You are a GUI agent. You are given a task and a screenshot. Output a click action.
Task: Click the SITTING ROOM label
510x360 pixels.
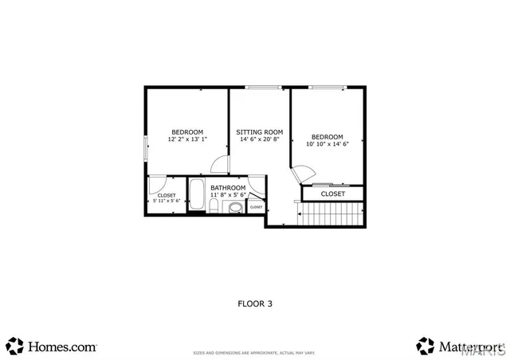[260, 131]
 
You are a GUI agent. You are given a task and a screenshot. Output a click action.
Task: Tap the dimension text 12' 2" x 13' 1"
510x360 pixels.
[187, 139]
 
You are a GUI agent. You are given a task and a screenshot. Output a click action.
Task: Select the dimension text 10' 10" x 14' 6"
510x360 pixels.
[328, 144]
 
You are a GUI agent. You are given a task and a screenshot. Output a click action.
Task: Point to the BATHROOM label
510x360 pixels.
[228, 188]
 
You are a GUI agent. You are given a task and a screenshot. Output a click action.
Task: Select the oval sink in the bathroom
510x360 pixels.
[236, 209]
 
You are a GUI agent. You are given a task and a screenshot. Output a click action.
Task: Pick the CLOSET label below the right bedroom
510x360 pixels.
[333, 194]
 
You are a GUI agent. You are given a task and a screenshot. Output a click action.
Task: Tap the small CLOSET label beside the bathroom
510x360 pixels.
[257, 207]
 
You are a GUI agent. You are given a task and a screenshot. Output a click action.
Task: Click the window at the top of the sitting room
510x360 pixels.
[260, 87]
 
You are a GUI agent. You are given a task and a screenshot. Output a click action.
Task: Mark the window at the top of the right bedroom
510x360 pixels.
[327, 87]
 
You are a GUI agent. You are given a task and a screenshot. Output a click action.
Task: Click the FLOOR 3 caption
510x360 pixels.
[255, 303]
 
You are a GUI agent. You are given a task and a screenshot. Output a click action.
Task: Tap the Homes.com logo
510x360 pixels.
[53, 346]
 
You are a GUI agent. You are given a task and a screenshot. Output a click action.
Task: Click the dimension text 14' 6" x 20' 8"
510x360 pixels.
[260, 139]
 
